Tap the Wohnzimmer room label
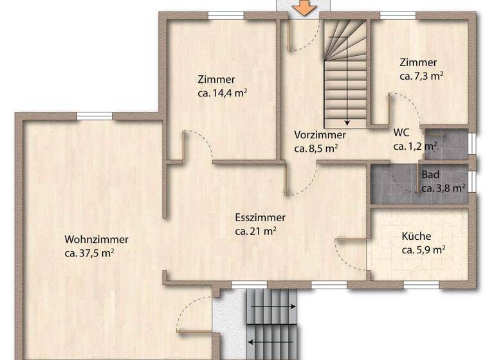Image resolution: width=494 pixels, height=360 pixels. pos(96,240)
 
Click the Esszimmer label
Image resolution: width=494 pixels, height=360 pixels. pos(260,218)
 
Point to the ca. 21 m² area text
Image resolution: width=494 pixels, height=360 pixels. pos(255,231)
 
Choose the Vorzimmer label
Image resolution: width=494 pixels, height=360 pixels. pos(320,135)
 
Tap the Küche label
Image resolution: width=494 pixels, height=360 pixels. pos(416,236)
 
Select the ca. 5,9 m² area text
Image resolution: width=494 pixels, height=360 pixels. pos(424,249)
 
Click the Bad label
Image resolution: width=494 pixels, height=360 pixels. pos(430,175)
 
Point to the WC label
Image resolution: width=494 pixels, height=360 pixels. pos(401,132)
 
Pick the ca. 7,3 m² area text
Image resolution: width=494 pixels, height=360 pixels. pos(422,76)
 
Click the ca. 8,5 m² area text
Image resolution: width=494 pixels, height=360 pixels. pos(316,148)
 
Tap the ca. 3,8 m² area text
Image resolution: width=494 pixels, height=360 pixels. pos(443,188)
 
